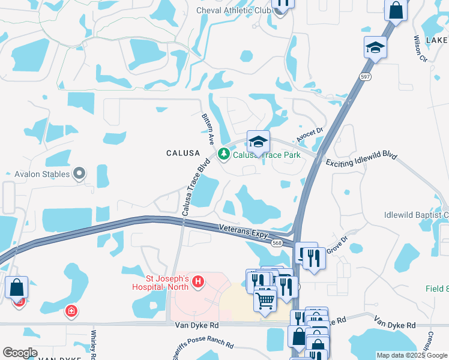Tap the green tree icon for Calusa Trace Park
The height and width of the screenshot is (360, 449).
(x=224, y=155)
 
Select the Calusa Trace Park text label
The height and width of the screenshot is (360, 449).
(x=267, y=155)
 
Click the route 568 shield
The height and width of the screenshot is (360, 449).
(x=277, y=242)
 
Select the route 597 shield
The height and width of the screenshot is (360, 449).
(x=364, y=77)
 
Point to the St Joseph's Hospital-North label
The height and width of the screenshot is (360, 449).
(x=168, y=283)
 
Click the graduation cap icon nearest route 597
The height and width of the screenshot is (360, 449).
(x=375, y=47)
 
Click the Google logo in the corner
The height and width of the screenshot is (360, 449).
(x=20, y=353)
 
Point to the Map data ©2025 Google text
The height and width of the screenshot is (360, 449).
(x=411, y=355)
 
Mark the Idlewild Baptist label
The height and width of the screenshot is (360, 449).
(x=416, y=215)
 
